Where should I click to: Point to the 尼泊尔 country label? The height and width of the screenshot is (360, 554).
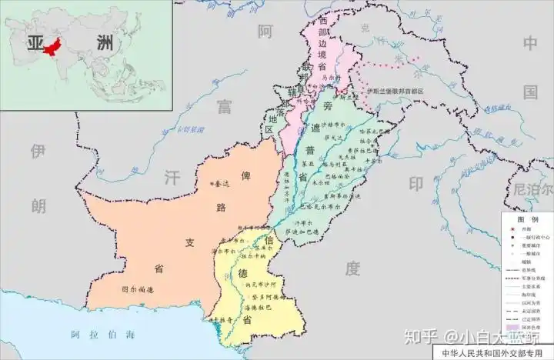tap(532, 188)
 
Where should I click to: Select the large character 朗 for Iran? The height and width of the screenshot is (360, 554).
tap(38, 205)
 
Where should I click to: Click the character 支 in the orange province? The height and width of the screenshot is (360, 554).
tap(189, 243)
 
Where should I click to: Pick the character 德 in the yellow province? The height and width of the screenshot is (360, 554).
tap(243, 274)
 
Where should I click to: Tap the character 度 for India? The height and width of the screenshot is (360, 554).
tap(352, 268)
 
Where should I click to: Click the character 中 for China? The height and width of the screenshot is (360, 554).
tap(529, 43)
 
